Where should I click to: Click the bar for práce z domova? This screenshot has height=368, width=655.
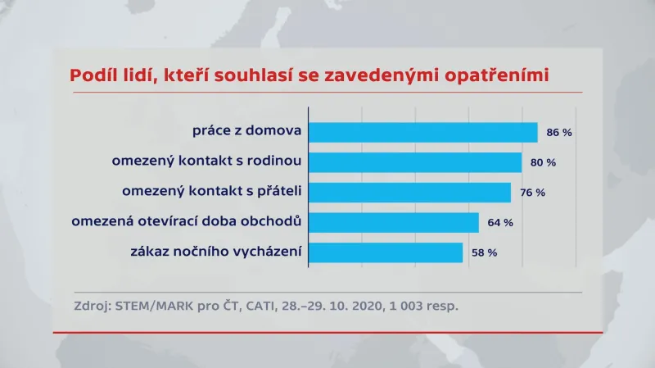[422, 132]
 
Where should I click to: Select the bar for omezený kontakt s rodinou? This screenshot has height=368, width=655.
[414, 162]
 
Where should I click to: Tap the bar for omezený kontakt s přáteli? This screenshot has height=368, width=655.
[409, 193]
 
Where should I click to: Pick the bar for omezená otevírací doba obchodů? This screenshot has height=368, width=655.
[393, 222]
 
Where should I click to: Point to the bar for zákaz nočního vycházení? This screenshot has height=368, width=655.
[385, 252]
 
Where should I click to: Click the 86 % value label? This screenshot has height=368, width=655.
[558, 133]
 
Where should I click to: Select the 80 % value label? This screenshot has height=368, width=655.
[543, 163]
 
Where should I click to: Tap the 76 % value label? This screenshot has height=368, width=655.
[531, 193]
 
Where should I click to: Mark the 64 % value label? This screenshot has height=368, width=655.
[499, 223]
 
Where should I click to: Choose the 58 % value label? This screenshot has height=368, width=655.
[483, 252]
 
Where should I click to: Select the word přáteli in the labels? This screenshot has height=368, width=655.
[277, 191]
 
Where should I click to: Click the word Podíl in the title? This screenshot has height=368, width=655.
[93, 75]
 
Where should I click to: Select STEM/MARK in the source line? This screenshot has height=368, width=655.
[158, 307]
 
